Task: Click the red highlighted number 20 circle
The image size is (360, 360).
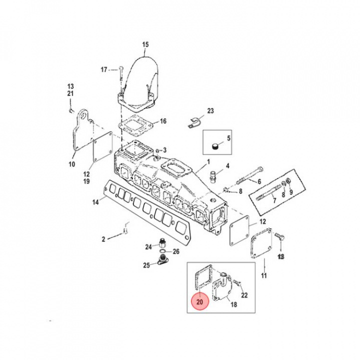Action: click(x=199, y=302)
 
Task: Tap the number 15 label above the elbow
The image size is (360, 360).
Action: click(x=145, y=45)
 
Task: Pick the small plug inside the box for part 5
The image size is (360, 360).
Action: click(x=214, y=146)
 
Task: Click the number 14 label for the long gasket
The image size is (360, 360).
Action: click(x=95, y=202)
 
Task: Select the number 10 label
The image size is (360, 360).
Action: click(x=71, y=164)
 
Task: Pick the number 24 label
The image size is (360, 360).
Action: click(x=148, y=246)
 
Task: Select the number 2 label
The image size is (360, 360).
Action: click(x=103, y=239)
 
